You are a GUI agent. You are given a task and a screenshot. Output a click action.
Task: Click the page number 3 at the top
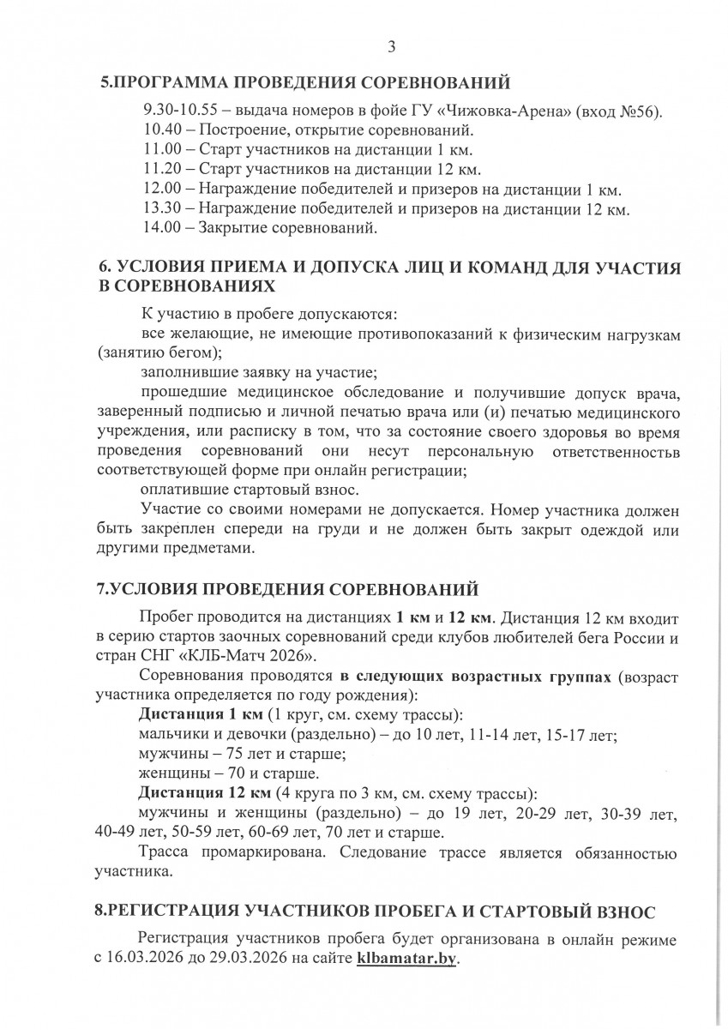[391, 48]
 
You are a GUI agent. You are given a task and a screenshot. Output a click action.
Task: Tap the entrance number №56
[635, 112]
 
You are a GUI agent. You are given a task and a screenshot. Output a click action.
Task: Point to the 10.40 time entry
[160, 131]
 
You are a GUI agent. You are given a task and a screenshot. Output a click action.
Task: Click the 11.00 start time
[160, 150]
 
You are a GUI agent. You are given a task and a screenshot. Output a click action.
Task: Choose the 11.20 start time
[160, 170]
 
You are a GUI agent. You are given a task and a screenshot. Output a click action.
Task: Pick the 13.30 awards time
[160, 208]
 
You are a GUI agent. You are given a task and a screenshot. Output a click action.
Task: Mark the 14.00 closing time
[160, 228]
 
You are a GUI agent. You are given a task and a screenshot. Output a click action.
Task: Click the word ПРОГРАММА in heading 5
[171, 83]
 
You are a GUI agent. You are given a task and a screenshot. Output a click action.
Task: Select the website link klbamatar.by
[407, 960]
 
